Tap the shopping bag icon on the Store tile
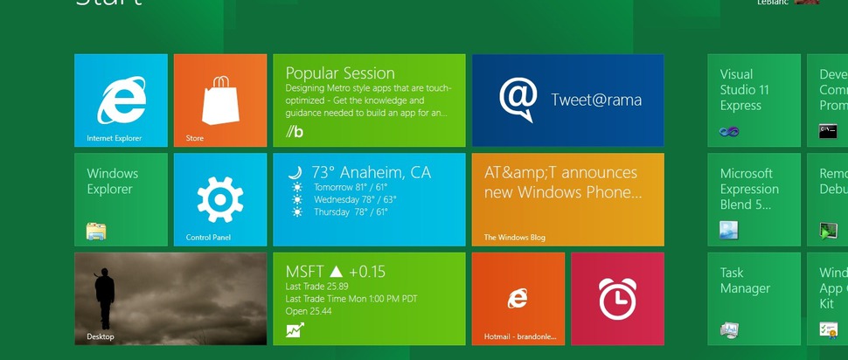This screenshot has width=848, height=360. coord(220,99)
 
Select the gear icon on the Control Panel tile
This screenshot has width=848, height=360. coord(220,198)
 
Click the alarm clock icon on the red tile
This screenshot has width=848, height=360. coord(617,298)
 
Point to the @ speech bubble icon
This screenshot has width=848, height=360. coord(518,100)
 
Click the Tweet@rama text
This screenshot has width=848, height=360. coord(596,100)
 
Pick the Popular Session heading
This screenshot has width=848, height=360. coord(340,73)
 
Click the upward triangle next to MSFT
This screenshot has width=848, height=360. coord(336,273)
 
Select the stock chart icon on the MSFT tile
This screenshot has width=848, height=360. coord(295,330)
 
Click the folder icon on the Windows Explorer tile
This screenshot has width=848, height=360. coord(96,231)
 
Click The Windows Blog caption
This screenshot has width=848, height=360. coord(515,237)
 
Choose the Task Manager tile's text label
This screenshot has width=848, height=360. coord(745,280)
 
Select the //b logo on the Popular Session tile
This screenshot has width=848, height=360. coord(295,132)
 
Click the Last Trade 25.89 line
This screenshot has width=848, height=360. coord(317,287)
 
